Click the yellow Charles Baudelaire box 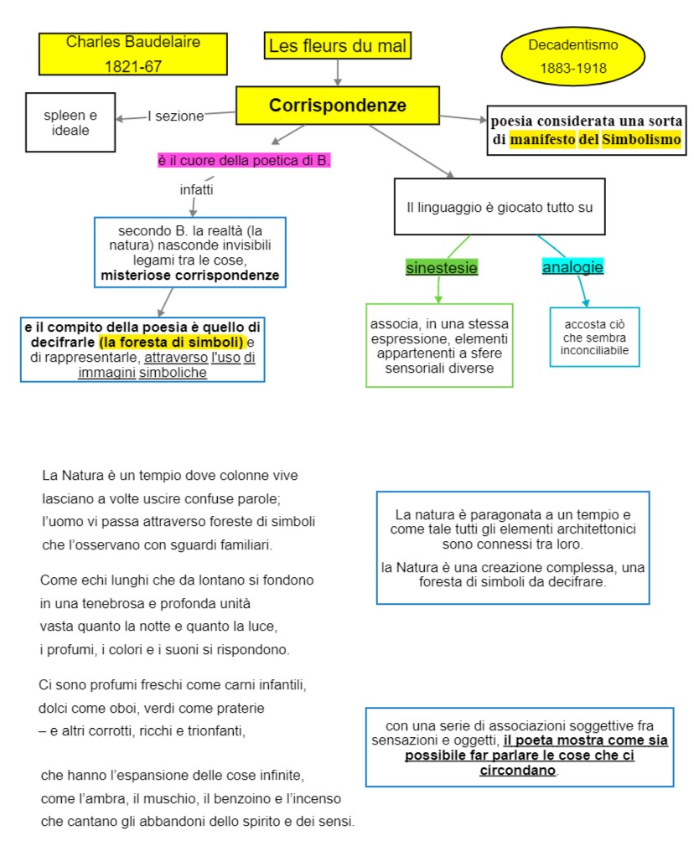tap(133, 53)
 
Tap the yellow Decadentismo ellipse tap(573, 56)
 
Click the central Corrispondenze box tap(338, 106)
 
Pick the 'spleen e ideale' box tap(70, 122)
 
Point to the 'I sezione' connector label tap(176, 116)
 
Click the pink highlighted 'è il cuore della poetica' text tap(244, 161)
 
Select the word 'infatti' tap(197, 190)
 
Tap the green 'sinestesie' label tap(442, 268)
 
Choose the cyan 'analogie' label tap(572, 268)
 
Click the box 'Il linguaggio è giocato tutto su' tap(500, 206)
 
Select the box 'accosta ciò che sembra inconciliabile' tap(594, 337)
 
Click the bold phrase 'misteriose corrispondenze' tap(190, 275)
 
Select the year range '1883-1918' tap(573, 69)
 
